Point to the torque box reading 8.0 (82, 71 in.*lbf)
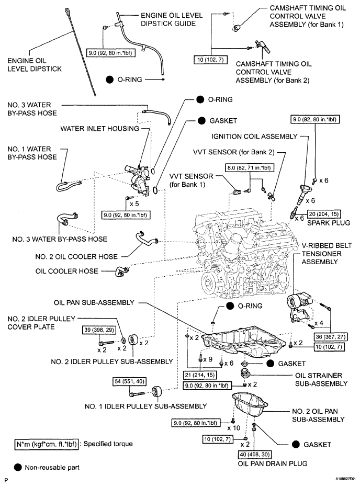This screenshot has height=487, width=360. pos(249,168)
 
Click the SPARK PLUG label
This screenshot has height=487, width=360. pos(329,223)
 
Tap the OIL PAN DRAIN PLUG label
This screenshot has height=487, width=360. pos(273,463)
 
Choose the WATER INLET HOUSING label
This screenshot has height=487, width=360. pos(100,129)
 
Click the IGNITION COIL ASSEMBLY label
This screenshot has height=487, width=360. pos(254,137)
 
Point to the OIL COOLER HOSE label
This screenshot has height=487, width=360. pos(67,271)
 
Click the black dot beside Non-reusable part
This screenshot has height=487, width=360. pos(18,467)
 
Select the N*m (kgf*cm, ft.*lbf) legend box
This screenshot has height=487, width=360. pos(46,444)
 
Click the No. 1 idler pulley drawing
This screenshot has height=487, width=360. pos(156,392)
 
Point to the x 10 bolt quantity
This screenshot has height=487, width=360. pos(233,428)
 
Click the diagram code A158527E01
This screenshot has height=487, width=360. pos(345,480)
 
